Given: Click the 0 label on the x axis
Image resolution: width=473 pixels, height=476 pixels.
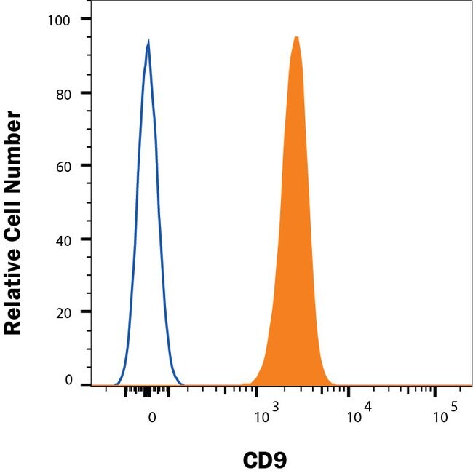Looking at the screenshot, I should point(151,418).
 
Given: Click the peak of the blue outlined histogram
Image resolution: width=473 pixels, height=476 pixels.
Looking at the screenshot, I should point(148,43).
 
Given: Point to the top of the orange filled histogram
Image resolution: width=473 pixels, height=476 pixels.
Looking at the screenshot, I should point(296,37).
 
